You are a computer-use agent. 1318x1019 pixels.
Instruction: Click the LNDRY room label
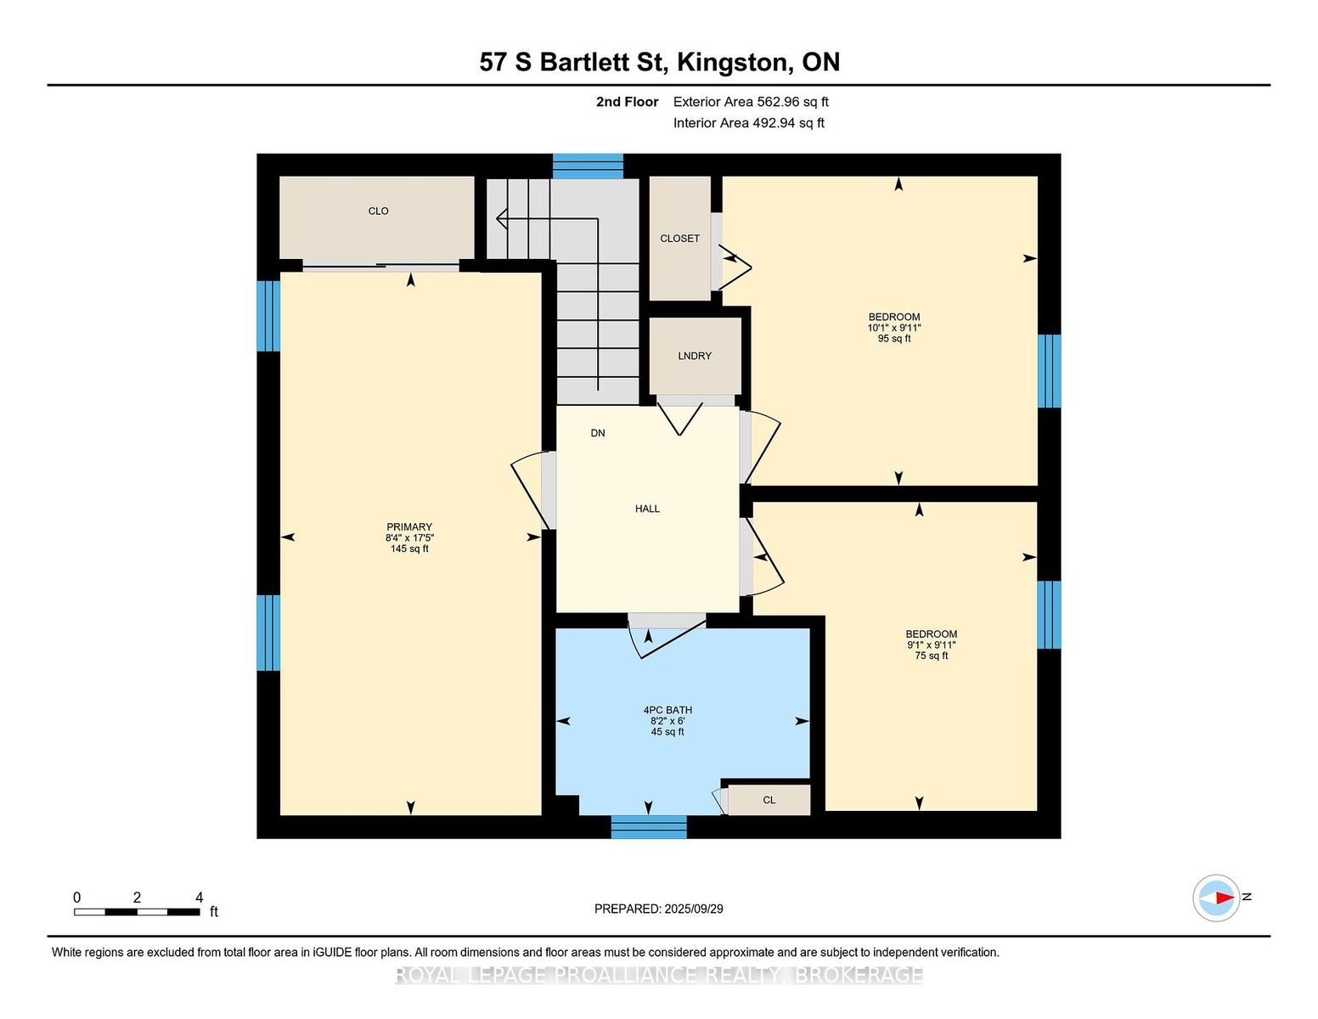coord(695,356)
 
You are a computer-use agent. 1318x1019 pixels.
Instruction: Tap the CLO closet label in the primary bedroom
coord(379,211)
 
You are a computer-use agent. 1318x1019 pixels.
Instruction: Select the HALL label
coord(647,509)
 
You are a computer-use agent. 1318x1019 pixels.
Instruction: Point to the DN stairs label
coord(598,433)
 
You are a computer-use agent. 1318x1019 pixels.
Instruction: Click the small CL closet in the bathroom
coord(769,800)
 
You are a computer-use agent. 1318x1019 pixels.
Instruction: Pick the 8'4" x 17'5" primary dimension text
coord(410,538)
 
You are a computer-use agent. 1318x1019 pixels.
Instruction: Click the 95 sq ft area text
coord(894,338)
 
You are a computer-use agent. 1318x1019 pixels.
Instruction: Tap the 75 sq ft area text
coord(932,656)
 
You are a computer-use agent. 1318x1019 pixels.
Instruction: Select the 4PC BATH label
coord(667,710)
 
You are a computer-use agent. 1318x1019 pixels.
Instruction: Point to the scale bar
coord(137,912)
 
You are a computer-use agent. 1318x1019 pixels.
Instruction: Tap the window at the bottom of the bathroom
coord(649,827)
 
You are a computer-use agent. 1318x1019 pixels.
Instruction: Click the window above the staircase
coord(588,166)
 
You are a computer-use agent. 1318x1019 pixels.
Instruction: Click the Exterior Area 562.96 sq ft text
coord(751,102)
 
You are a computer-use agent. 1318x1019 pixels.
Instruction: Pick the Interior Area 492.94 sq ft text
coord(749,123)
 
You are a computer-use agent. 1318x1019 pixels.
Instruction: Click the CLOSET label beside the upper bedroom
coord(680,239)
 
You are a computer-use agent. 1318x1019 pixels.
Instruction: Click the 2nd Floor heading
coord(628,102)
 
